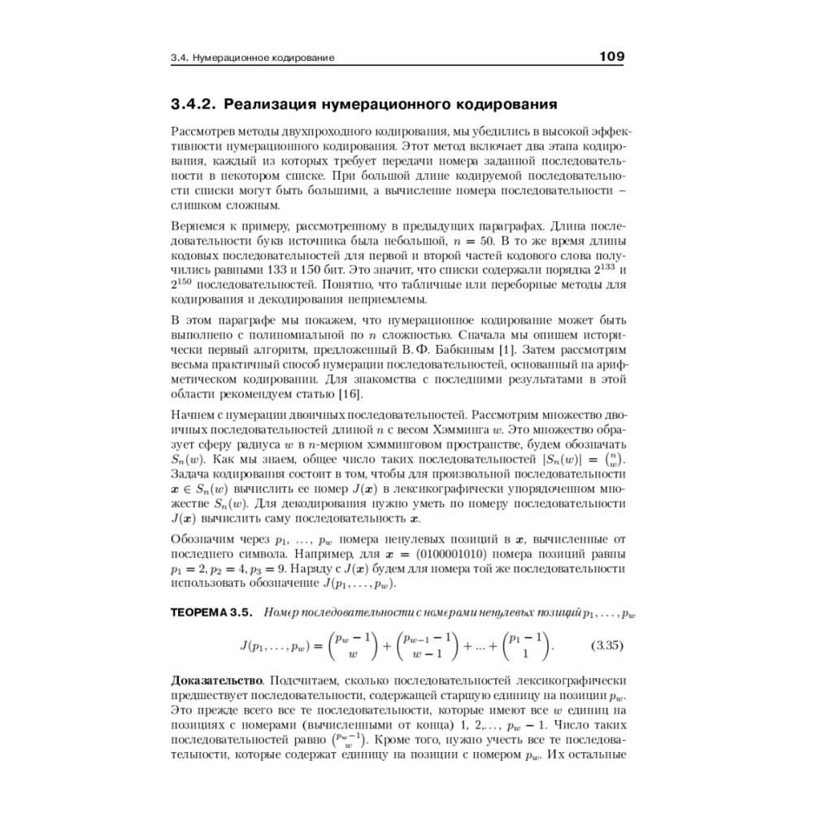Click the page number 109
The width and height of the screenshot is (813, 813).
[x=611, y=57]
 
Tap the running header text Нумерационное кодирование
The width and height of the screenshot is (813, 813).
[x=267, y=59]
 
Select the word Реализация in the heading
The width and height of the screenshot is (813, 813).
[x=273, y=105]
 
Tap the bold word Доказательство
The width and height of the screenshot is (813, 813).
[x=215, y=679]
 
